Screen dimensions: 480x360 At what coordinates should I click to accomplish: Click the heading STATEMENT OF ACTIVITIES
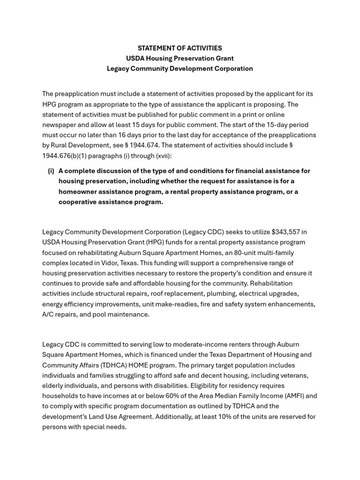pyautogui.click(x=180, y=48)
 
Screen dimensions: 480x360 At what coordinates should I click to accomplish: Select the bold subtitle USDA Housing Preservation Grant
pyautogui.click(x=180, y=59)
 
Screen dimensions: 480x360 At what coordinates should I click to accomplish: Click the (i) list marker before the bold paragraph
pyautogui.click(x=51, y=171)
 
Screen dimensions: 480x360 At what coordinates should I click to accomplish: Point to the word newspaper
pyautogui.click(x=60, y=125)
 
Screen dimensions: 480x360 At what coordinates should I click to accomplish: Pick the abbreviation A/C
pyautogui.click(x=48, y=315)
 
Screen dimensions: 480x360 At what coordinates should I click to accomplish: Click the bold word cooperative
pyautogui.click(x=78, y=202)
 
